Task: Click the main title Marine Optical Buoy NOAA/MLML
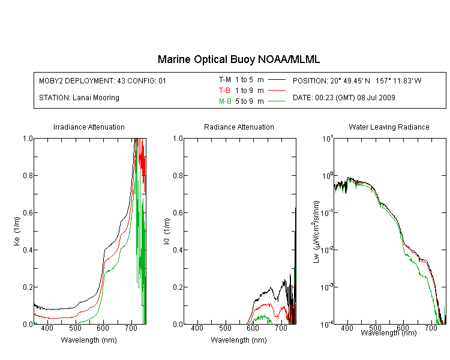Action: (x=239, y=60)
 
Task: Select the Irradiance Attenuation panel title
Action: (x=89, y=127)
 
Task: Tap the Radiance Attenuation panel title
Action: (x=239, y=127)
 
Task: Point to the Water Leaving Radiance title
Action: (x=389, y=127)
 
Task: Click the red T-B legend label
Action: (x=224, y=91)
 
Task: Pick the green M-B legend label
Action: (x=225, y=101)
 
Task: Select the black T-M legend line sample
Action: (x=277, y=80)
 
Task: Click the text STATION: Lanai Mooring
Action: (x=79, y=98)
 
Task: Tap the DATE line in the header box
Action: (x=344, y=98)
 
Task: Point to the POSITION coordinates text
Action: (x=357, y=81)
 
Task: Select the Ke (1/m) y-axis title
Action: (x=17, y=232)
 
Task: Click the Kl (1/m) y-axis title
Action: (x=167, y=232)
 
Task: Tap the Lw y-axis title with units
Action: (x=317, y=232)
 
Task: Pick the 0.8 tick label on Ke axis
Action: (x=28, y=175)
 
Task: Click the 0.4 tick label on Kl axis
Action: (x=178, y=250)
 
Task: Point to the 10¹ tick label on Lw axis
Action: (x=328, y=139)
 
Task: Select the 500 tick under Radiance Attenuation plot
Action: (x=225, y=328)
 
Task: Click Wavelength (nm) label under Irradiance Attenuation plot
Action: (x=89, y=340)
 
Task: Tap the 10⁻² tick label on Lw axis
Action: (x=327, y=251)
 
